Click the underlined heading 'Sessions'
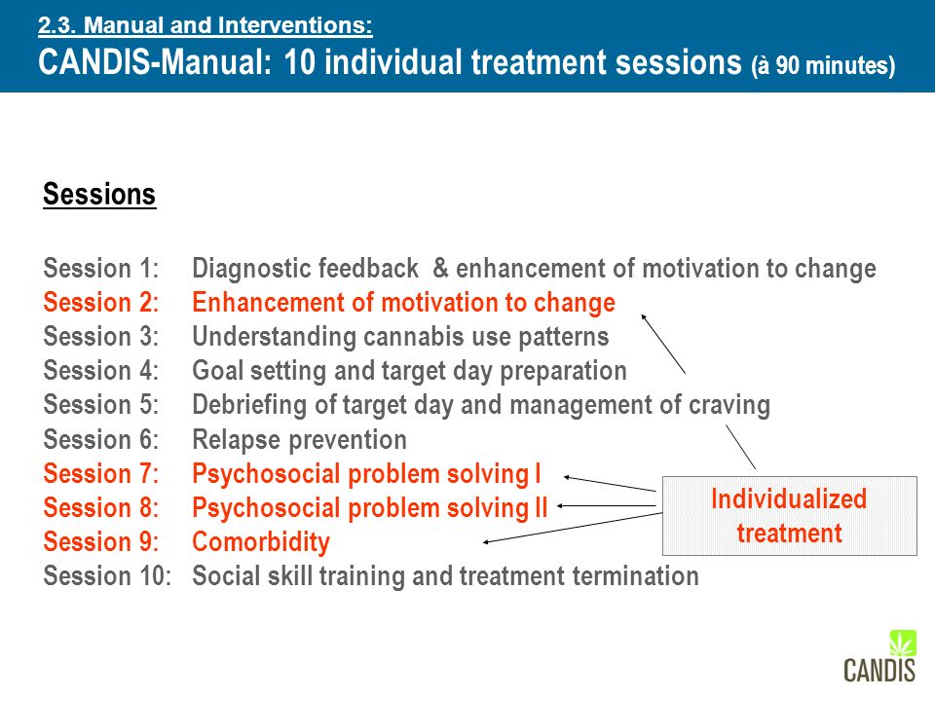[99, 195]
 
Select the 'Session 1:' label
[101, 269]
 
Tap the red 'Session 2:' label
[101, 302]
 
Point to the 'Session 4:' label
[101, 370]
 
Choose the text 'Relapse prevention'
[299, 440]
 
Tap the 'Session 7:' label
[101, 474]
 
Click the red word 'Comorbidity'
[261, 542]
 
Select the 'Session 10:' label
[107, 575]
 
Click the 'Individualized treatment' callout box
[790, 516]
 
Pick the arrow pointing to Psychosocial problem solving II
[607, 506]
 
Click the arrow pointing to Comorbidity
[573, 528]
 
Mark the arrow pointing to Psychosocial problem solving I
[610, 484]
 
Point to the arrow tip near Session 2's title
[642, 314]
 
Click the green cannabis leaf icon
[902, 644]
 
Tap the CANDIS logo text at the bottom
[879, 670]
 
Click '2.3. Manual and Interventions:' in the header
[206, 25]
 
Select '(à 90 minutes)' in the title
[823, 65]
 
